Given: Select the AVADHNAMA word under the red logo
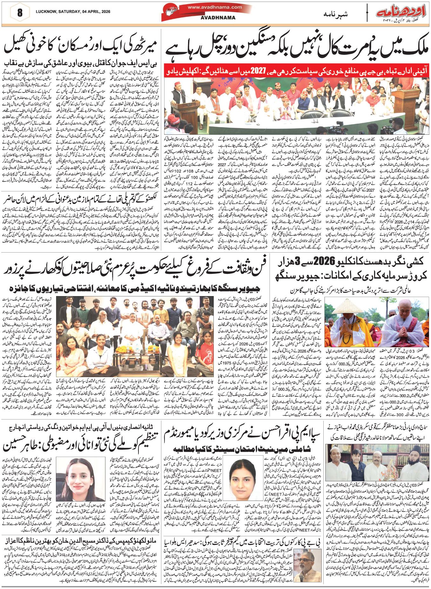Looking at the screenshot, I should [x=218, y=18].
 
